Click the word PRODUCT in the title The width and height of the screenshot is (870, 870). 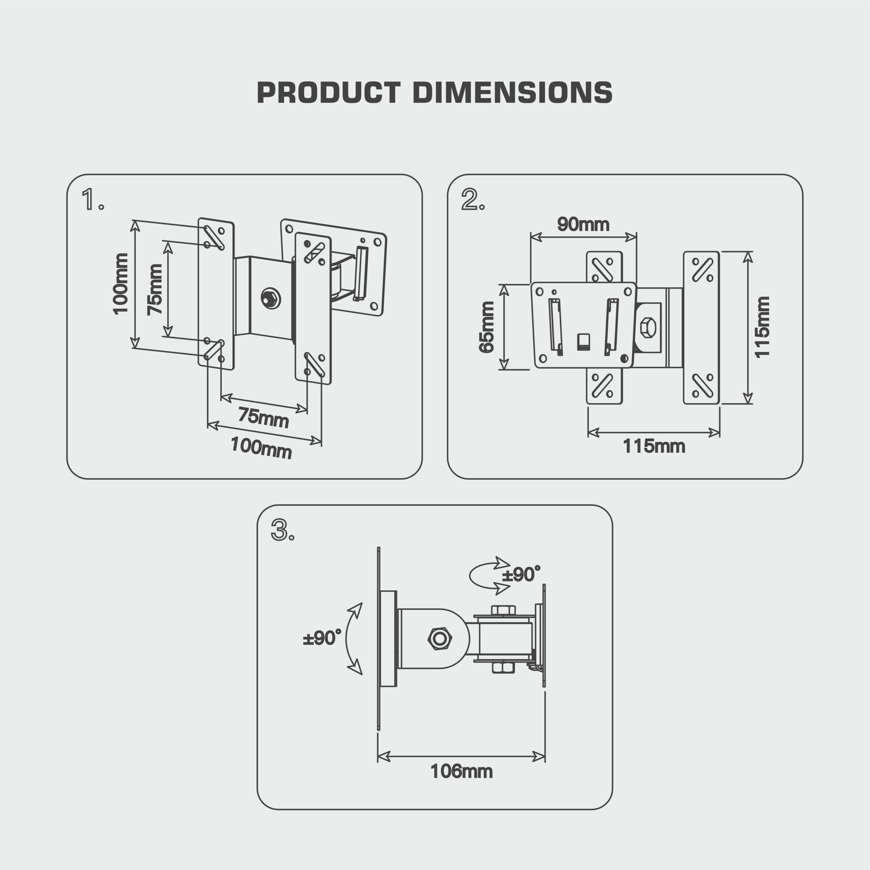click(328, 93)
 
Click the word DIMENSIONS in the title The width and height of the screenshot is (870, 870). click(512, 93)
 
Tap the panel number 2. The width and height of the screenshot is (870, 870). click(471, 199)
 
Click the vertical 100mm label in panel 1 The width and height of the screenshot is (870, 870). click(120, 284)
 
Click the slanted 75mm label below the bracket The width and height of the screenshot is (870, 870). click(263, 417)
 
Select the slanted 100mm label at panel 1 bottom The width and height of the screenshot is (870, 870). click(261, 448)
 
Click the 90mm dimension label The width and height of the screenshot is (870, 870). click(583, 224)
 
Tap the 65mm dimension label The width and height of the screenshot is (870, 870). click(486, 327)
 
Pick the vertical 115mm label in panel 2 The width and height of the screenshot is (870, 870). click(762, 327)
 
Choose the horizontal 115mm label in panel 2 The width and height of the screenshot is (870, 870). click(654, 446)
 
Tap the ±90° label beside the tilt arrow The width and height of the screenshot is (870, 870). click(322, 638)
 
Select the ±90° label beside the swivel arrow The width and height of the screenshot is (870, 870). click(521, 575)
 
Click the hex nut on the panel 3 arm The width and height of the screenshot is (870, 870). click(439, 639)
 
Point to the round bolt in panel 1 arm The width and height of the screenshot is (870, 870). click(270, 298)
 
